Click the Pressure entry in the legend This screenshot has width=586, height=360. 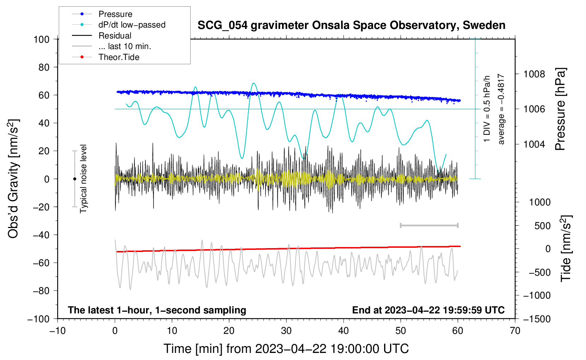coord(115,14)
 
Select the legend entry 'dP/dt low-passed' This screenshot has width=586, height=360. coord(132,25)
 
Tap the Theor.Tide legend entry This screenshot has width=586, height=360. coord(119,57)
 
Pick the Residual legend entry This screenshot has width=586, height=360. coord(115,36)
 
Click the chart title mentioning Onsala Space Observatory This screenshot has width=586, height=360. coord(351,25)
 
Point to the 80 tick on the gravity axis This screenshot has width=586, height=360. coord(44,67)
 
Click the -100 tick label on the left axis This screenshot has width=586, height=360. coord(39,319)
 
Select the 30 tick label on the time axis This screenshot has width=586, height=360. coord(286,331)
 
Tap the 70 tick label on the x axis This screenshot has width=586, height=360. coord(515,331)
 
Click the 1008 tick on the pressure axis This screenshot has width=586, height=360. coord(534,74)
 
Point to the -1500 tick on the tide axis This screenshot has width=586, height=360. coord(537,319)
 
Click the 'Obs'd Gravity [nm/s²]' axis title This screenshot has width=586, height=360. coord(13,179)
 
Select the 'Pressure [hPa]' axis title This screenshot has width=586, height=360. coord(560,109)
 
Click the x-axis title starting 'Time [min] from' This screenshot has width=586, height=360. coord(286,349)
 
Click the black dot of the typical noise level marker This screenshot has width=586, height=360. coord(74,179)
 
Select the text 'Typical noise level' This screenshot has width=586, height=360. coord(83,179)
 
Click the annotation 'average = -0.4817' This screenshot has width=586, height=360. coord(501,109)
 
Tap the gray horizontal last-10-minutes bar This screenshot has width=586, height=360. coord(429,225)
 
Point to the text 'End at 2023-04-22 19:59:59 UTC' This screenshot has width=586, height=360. coord(428,310)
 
